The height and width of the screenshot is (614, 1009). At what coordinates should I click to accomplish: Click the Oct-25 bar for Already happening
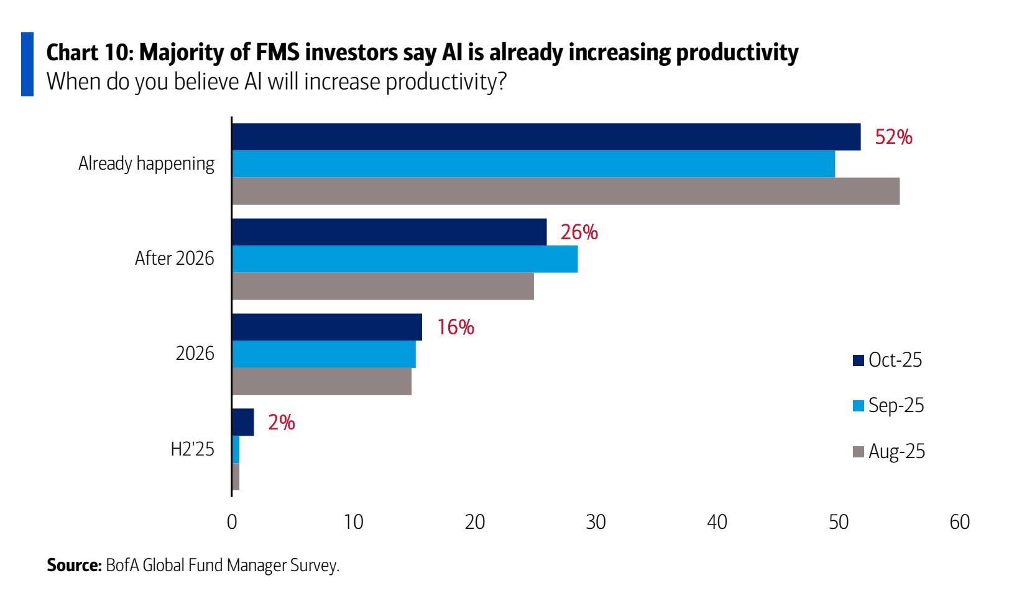(546, 137)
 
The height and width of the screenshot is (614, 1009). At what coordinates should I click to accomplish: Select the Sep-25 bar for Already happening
(533, 164)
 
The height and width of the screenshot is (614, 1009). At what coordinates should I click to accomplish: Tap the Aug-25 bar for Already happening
(566, 191)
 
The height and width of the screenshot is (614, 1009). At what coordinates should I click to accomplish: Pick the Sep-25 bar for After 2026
(405, 259)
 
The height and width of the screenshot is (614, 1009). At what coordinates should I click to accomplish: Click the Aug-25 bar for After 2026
(383, 286)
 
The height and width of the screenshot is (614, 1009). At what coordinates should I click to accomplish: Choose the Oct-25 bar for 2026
(327, 327)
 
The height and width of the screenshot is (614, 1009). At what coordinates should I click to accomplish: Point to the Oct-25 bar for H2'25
(243, 423)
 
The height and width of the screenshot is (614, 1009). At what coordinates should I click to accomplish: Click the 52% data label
(893, 137)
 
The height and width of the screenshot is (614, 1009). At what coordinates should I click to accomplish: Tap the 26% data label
(579, 232)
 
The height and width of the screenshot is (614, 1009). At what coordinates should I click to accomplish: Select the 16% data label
(455, 328)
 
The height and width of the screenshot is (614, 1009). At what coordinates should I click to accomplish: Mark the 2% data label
(281, 423)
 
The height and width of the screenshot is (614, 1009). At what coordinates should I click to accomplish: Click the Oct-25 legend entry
(888, 360)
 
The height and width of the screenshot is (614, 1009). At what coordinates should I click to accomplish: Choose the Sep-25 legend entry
(888, 405)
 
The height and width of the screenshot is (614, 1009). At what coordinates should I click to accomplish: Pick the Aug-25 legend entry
(889, 451)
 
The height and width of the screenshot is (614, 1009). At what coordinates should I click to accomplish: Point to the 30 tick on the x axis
(596, 522)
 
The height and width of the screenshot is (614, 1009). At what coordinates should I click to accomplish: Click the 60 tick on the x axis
(959, 522)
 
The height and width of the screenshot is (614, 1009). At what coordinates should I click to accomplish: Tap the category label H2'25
(192, 449)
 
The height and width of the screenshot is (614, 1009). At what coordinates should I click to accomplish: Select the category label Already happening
(146, 164)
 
